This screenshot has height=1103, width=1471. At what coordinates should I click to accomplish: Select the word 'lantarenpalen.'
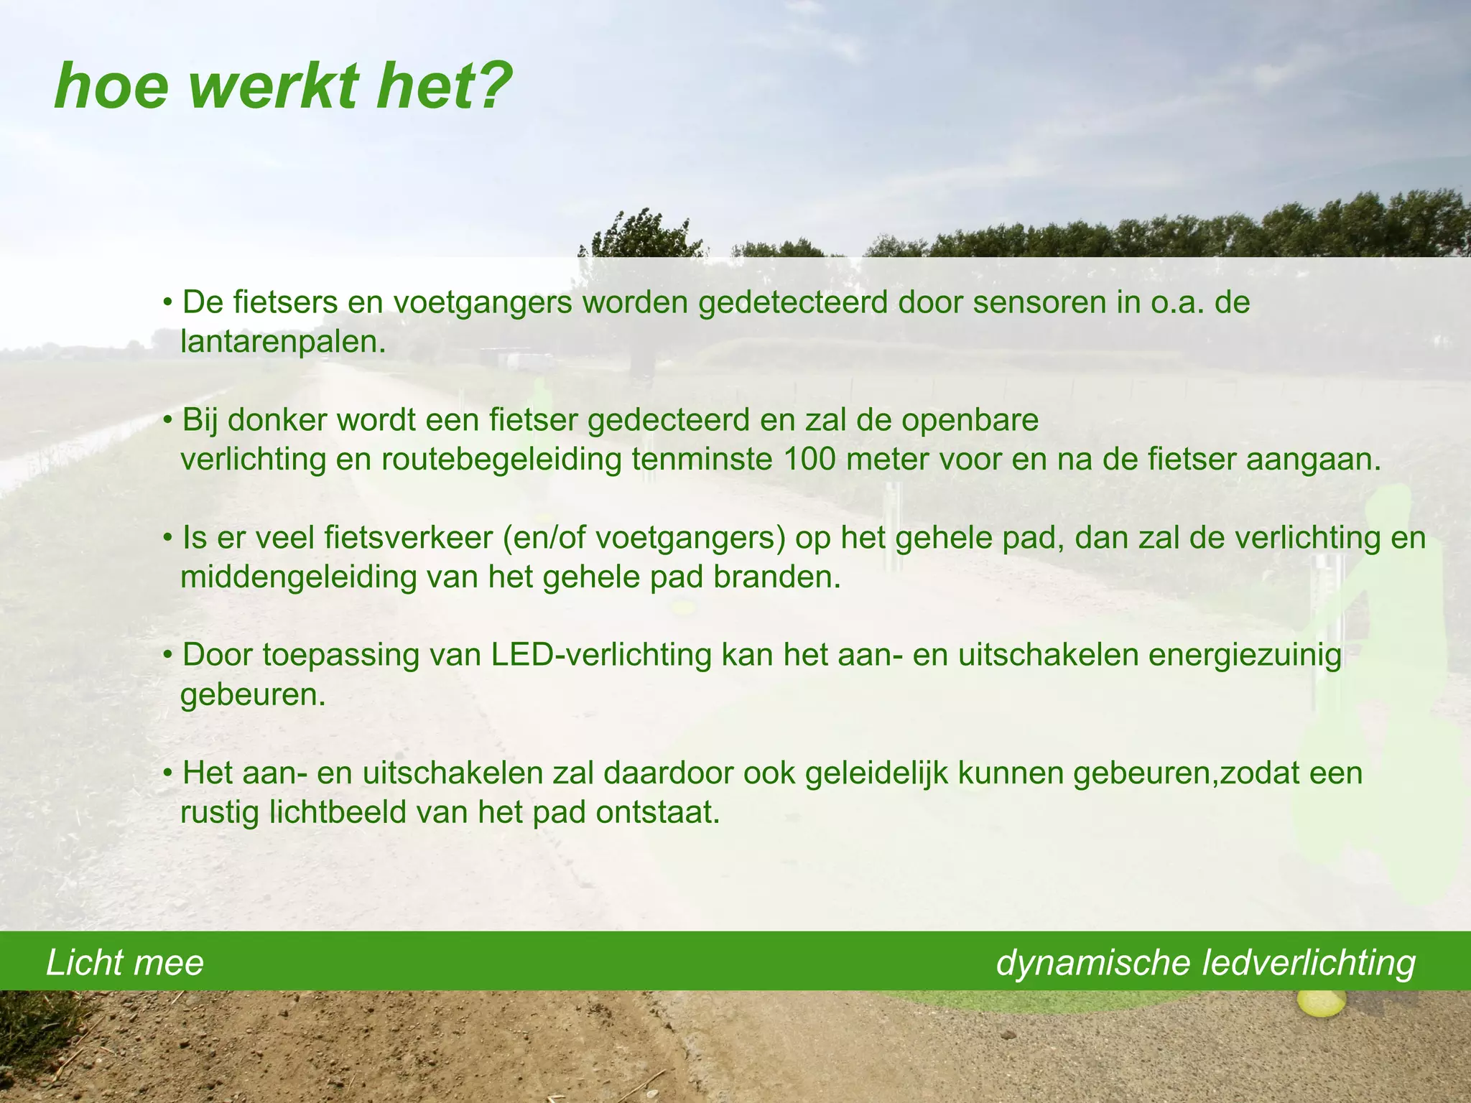pos(283,343)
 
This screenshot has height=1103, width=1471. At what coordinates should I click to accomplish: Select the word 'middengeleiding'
pos(298,577)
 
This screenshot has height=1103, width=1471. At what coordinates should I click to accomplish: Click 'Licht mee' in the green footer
pos(125,963)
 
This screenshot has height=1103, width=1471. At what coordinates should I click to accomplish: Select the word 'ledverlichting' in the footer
pos(1309,963)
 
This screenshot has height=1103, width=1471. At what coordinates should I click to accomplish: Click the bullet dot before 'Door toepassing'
pos(167,656)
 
